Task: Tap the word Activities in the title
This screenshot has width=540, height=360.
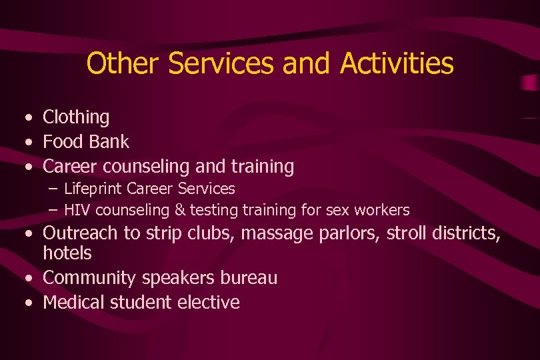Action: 396,64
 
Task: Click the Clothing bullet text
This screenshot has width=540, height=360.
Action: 76,117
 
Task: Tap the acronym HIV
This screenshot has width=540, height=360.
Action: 77,210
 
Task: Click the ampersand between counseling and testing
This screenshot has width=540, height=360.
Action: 179,210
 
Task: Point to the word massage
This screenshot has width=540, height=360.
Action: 278,233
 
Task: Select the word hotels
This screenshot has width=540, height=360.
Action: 67,253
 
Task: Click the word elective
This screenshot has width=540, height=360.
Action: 208,303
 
